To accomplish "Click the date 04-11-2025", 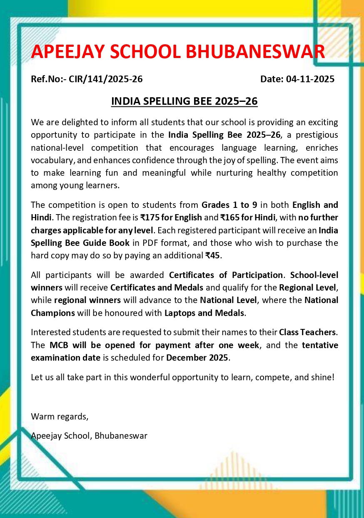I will pos(310,79).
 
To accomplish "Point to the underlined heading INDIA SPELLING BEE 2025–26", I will pos(184,101).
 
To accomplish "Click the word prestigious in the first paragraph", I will pos(312,135).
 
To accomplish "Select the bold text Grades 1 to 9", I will pos(228,205).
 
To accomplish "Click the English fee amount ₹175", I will pos(149,217).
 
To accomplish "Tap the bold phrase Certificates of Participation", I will pos(226,275).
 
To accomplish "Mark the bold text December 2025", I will pos(197,358).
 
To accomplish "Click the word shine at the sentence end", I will pos(323,378).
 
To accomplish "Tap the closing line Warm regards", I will pos(60,416).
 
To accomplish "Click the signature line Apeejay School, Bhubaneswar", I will pos(89,436).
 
